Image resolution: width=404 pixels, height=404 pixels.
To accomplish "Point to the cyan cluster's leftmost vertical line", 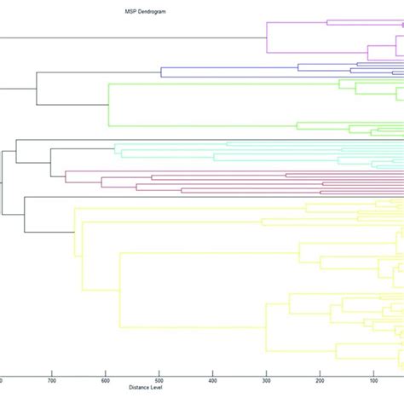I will coord(115,150).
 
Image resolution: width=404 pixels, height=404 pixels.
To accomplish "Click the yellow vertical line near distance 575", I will coord(119,290).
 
